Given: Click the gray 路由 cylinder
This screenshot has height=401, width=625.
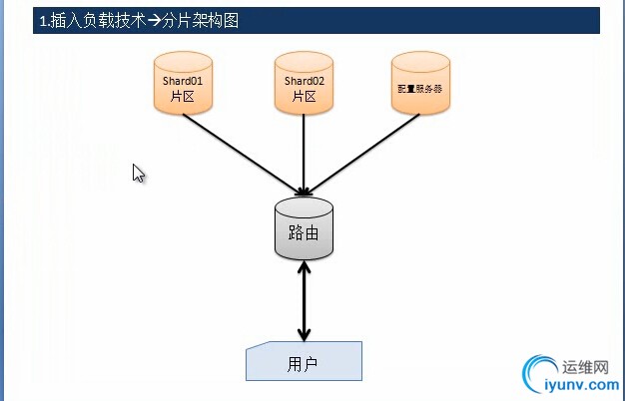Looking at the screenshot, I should pyautogui.click(x=304, y=229).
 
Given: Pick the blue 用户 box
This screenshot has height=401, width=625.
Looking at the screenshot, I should pyautogui.click(x=304, y=361).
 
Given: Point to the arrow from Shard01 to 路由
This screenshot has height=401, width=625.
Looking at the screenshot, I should pyautogui.click(x=243, y=150).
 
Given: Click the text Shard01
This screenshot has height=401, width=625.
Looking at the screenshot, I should pyautogui.click(x=182, y=80).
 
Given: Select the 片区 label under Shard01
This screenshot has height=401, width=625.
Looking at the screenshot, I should pyautogui.click(x=182, y=97).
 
